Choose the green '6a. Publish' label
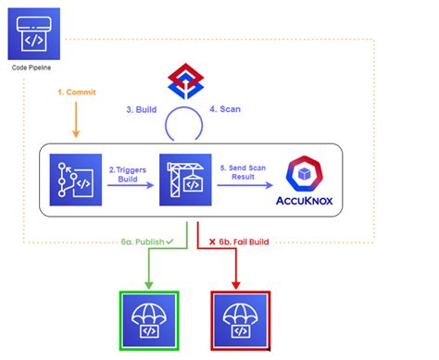click(141, 242)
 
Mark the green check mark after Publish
click(171, 242)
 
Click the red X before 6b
click(211, 242)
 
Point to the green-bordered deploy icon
click(151, 319)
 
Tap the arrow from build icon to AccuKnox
click(244, 185)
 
